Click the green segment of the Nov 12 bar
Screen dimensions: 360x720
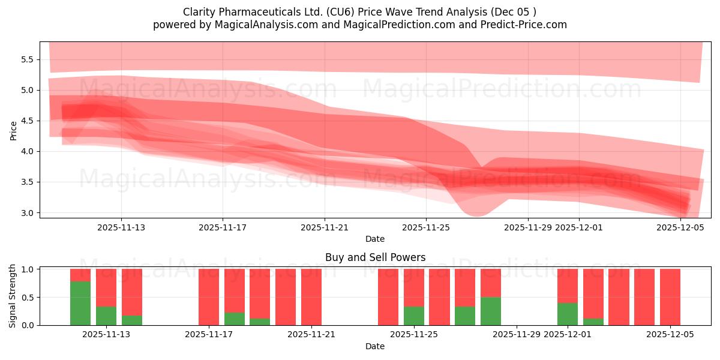click(x=80, y=303)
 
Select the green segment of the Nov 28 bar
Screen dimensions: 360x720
click(x=491, y=311)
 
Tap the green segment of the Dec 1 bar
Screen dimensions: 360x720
click(x=568, y=314)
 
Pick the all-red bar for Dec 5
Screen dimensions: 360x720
click(x=670, y=297)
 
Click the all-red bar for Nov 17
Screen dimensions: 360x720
click(x=209, y=297)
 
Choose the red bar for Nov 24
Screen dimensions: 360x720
click(x=388, y=297)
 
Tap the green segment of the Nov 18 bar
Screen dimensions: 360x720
click(x=235, y=319)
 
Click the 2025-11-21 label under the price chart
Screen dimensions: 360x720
click(x=325, y=227)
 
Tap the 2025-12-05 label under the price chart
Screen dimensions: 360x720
click(x=680, y=227)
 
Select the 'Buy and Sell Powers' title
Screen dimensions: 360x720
click(x=375, y=257)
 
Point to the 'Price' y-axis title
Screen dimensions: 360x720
click(x=13, y=130)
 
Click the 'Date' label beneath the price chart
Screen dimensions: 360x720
click(x=375, y=239)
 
